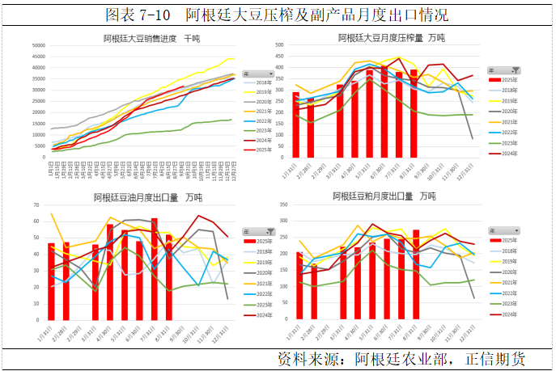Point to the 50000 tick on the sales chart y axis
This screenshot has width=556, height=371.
(x=38, y=45)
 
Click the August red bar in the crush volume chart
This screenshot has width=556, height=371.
(x=414, y=113)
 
